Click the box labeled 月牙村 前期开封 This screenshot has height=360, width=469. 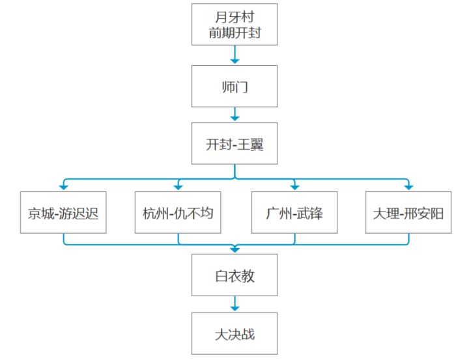point(234,25)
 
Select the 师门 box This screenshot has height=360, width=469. point(234,87)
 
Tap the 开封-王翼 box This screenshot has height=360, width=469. point(234,143)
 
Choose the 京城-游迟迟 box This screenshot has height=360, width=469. point(63,213)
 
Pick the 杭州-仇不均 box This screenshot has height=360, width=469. point(178,213)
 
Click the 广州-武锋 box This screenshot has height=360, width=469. point(294,213)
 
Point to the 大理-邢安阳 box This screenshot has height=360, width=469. point(408,213)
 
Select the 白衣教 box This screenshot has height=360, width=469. point(234,275)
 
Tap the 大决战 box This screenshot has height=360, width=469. point(234,334)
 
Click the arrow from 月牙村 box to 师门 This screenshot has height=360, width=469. point(234,55)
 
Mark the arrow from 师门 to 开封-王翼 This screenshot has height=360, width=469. point(234,114)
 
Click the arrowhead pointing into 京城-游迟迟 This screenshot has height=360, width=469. point(63,187)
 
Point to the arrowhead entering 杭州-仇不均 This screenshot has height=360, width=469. point(178,187)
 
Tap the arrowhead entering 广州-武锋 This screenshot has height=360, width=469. point(295,187)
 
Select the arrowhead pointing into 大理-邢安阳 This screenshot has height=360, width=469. point(408,187)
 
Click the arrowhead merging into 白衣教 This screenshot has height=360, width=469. point(234,250)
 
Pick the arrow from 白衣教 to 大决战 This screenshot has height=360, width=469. point(234,303)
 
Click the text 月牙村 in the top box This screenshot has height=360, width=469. point(234,17)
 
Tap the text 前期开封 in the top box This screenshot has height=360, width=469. point(234,33)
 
